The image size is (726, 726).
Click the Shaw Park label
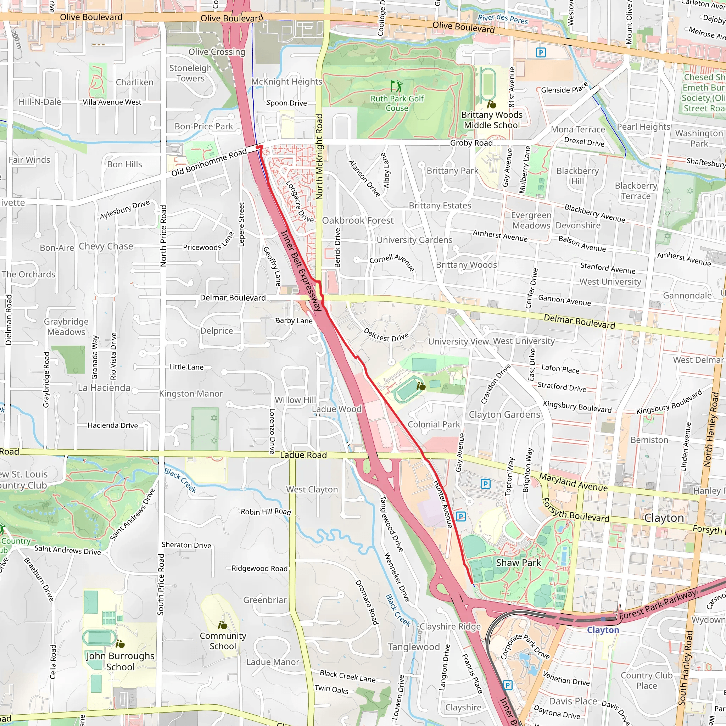tap(518, 563)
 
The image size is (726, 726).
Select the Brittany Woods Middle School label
tap(492, 120)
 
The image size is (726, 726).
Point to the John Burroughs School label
tap(120, 661)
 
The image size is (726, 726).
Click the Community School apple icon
tap(223, 625)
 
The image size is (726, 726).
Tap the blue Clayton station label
tap(603, 630)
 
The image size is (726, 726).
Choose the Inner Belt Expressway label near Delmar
tap(301, 271)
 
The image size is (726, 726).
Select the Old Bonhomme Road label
tap(209, 162)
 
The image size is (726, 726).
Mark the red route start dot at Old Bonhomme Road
tap(258, 147)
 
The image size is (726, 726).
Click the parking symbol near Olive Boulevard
tap(540, 52)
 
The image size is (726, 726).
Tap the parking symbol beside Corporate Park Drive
tap(507, 685)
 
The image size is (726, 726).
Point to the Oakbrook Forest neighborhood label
tap(358, 220)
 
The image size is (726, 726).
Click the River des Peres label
tap(503, 18)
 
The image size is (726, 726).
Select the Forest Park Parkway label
tap(658, 605)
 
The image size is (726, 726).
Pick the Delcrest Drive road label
tap(386, 334)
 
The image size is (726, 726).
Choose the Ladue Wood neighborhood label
tap(337, 409)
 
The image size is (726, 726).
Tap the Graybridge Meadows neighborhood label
tap(66, 326)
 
